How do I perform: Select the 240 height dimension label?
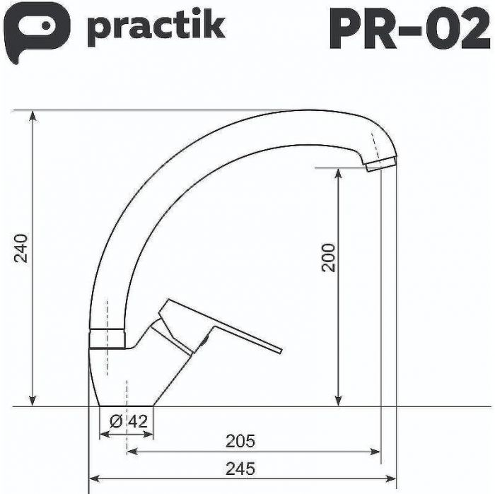point(23,247)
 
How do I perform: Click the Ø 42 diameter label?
point(129,422)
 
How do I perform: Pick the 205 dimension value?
point(240,442)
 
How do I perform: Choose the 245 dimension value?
point(240,468)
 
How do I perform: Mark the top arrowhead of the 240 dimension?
point(33,115)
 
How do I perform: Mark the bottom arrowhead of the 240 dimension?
point(33,402)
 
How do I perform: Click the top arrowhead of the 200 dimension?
point(339,172)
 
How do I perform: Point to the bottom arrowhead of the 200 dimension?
point(339,402)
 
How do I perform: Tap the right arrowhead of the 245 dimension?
point(391,479)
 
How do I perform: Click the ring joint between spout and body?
point(107,339)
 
